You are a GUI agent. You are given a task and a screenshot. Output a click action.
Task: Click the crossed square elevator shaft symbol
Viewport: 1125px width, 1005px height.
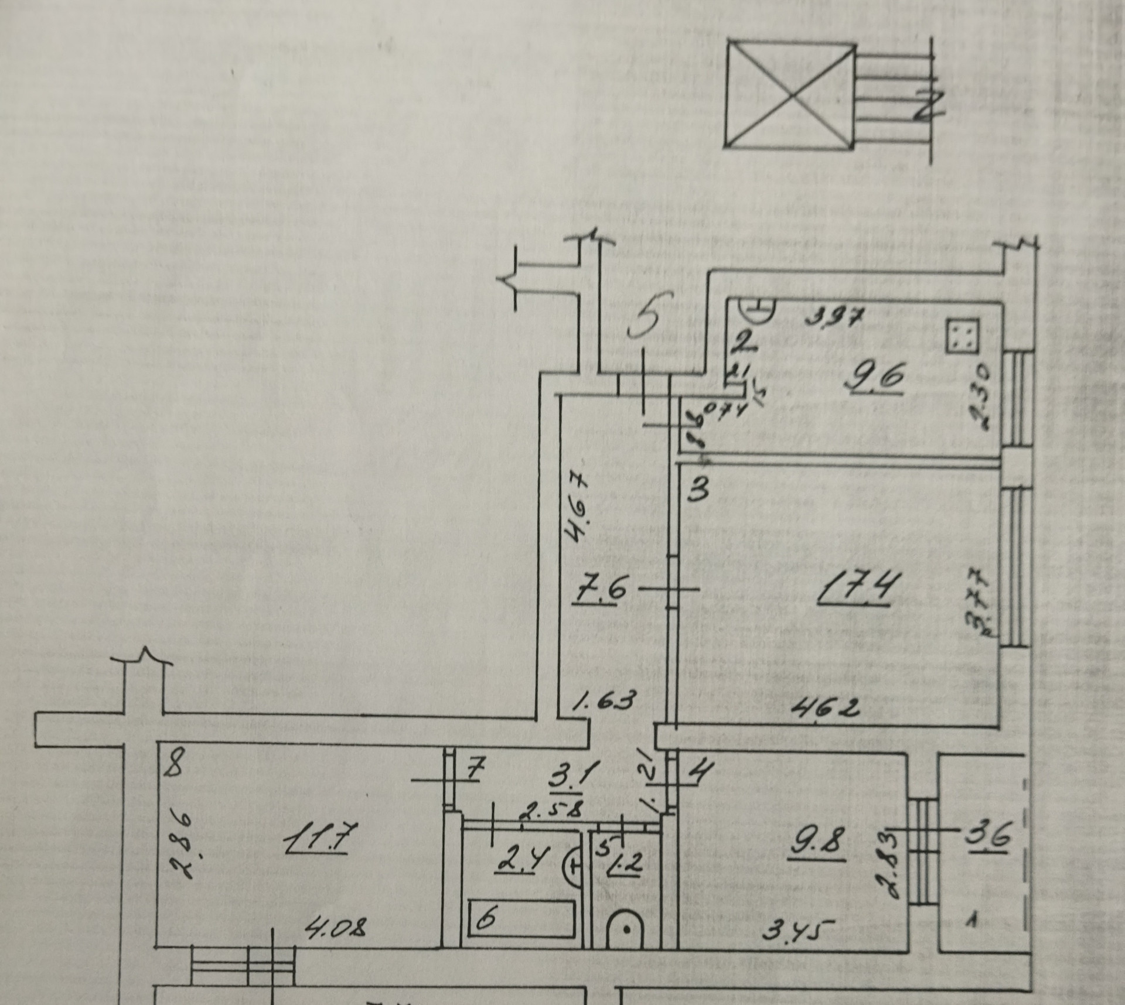click(x=790, y=95)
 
